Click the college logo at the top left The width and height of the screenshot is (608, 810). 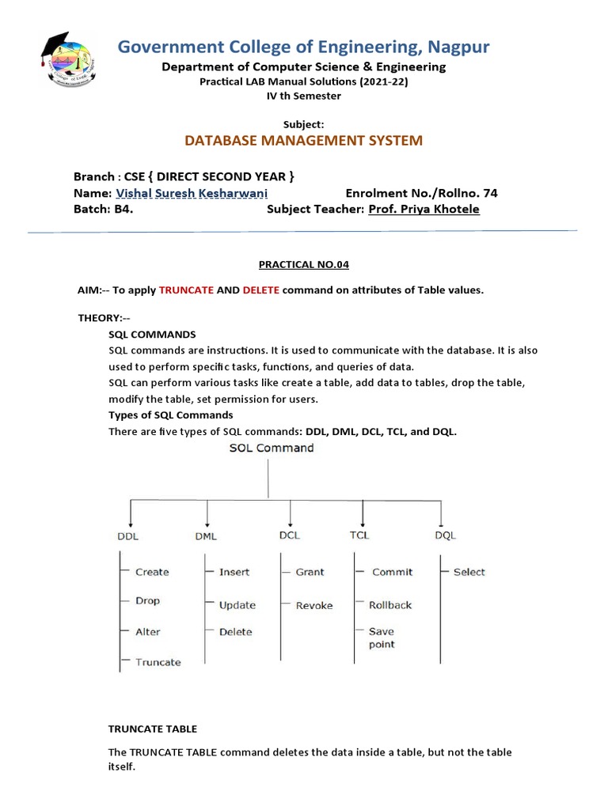pyautogui.click(x=69, y=60)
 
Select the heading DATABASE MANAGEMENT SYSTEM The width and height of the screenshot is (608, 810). pyautogui.click(x=303, y=141)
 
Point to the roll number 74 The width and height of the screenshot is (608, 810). pyautogui.click(x=491, y=193)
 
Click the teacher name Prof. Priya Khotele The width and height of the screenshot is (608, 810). pyautogui.click(x=424, y=210)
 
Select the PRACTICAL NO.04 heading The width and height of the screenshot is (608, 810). pyautogui.click(x=303, y=264)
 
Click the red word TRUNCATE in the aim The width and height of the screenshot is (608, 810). pyautogui.click(x=186, y=290)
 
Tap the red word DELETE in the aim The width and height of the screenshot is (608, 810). pyautogui.click(x=260, y=290)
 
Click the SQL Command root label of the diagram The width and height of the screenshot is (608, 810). pyautogui.click(x=271, y=448)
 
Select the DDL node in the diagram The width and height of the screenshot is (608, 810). pyautogui.click(x=128, y=536)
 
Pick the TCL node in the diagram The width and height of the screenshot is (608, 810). pyautogui.click(x=360, y=536)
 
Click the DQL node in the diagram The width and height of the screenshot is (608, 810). pyautogui.click(x=445, y=536)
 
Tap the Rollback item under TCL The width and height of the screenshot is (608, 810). pyautogui.click(x=390, y=605)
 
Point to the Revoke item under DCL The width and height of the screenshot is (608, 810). pyautogui.click(x=314, y=606)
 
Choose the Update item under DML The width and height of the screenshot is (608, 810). pyautogui.click(x=237, y=605)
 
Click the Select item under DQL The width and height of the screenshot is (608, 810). pyautogui.click(x=469, y=572)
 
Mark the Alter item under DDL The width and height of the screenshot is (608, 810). pyautogui.click(x=148, y=632)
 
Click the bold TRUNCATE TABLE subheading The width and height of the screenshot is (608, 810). pyautogui.click(x=153, y=729)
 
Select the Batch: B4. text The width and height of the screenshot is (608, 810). pyautogui.click(x=103, y=210)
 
